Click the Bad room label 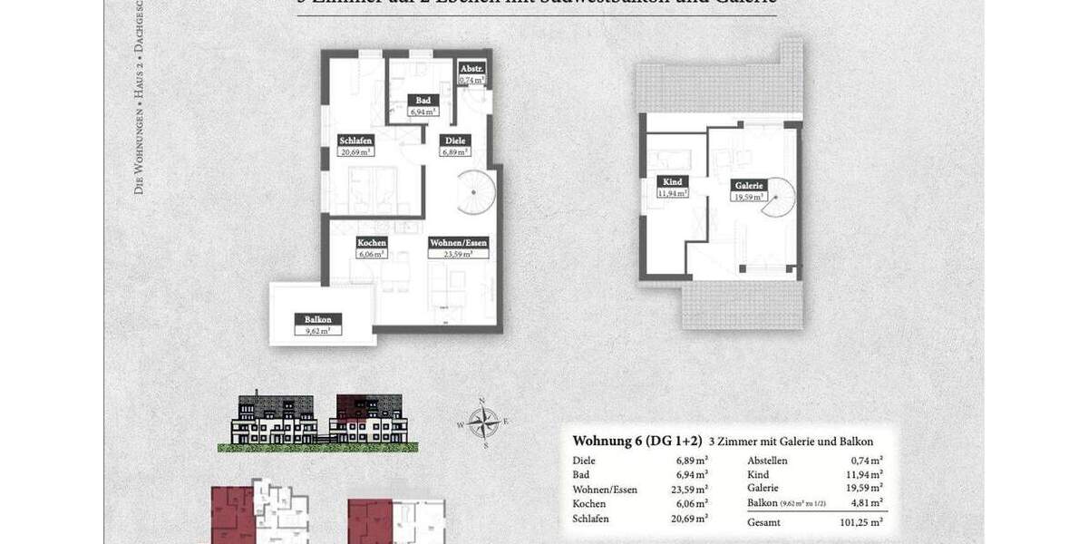click(x=423, y=101)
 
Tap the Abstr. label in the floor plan click(x=471, y=69)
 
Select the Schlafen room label click(x=355, y=141)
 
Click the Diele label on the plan click(x=452, y=141)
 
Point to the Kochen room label click(x=372, y=243)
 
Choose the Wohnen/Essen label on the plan click(x=459, y=243)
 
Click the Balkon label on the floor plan click(x=317, y=319)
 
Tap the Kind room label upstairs click(x=672, y=182)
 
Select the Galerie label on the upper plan click(x=750, y=184)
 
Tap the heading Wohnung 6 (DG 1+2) click(x=637, y=442)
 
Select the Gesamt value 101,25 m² click(x=862, y=523)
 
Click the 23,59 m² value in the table click(x=689, y=490)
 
